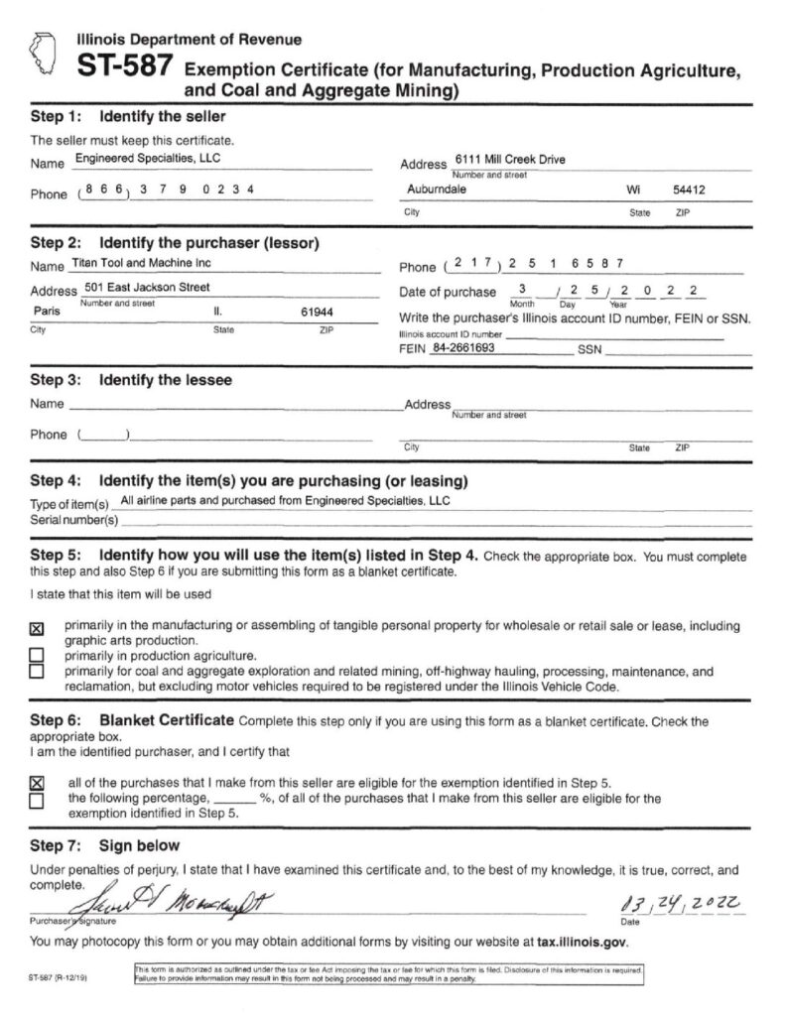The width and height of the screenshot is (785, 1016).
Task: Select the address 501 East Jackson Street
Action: (x=147, y=288)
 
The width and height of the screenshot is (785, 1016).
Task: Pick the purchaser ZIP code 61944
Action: (x=317, y=312)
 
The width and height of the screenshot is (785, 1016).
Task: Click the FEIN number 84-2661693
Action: (x=463, y=349)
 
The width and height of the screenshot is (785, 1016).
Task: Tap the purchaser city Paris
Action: (x=46, y=312)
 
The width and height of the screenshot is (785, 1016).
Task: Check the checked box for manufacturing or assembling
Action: (x=37, y=629)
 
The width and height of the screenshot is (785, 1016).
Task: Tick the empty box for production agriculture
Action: (x=37, y=656)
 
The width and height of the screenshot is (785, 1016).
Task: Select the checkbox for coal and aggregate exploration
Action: (x=37, y=672)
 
